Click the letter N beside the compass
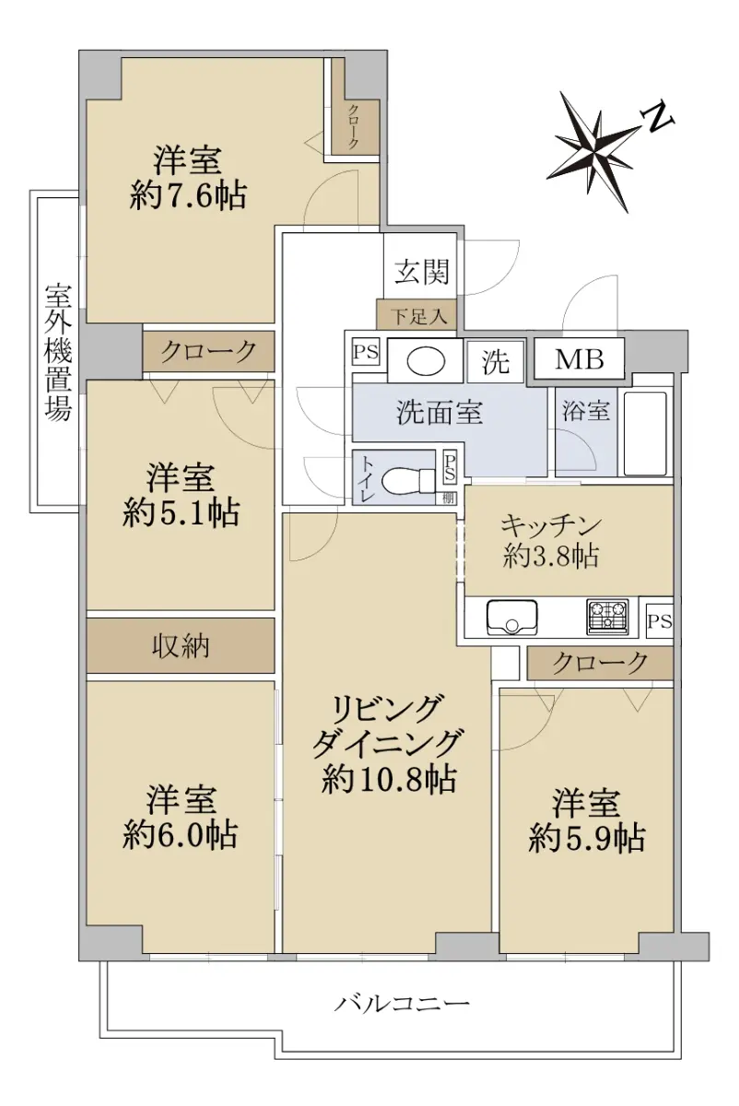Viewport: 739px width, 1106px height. [x=658, y=119]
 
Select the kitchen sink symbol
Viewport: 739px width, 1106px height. [x=512, y=618]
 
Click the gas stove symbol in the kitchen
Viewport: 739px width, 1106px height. [x=607, y=617]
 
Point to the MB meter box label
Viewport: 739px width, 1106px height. [x=580, y=359]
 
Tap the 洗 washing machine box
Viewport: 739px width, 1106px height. [x=496, y=362]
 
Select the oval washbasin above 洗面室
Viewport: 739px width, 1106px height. [x=426, y=361]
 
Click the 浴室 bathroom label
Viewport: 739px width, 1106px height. [x=585, y=410]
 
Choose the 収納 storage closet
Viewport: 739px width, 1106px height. [x=181, y=645]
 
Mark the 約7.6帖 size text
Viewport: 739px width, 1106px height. [x=188, y=196]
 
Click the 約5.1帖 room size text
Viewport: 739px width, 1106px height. [x=182, y=512]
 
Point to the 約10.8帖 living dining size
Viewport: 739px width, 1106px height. [x=389, y=780]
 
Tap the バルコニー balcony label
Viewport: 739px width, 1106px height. [x=402, y=1004]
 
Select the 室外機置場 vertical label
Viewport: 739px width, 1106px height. [x=59, y=352]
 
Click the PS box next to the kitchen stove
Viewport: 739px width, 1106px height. [x=660, y=621]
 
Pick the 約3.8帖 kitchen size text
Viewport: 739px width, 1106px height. [x=551, y=557]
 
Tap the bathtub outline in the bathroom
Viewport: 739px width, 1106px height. [x=646, y=433]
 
